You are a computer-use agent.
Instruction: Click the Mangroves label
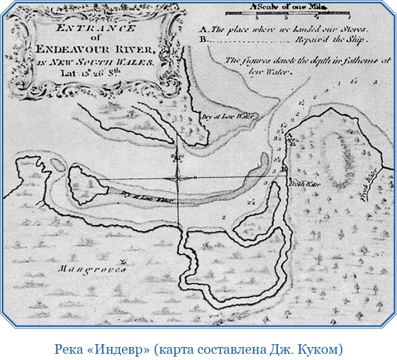[93, 269]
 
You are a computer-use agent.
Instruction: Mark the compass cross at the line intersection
[178, 178]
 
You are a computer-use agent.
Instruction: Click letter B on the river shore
[284, 169]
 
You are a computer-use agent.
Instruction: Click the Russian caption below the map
[198, 348]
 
